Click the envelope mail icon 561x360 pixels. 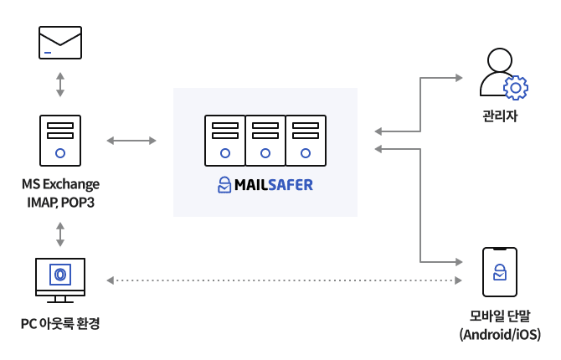(60, 43)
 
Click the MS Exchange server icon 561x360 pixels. (60, 141)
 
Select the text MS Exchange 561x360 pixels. (60, 184)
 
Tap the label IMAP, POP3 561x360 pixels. (60, 203)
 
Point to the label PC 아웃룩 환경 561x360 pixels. (60, 323)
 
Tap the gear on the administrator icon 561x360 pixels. (515, 87)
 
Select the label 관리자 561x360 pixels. (500, 116)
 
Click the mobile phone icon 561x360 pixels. (500, 271)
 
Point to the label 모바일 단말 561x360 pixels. (500, 316)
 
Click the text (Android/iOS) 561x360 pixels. (500, 335)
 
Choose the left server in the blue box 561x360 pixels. (225, 141)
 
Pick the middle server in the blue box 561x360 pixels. (265, 141)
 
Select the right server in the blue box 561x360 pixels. (306, 141)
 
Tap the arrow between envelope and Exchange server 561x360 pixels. (60, 85)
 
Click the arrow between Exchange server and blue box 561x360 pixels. (131, 141)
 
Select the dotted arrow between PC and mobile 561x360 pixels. (285, 280)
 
